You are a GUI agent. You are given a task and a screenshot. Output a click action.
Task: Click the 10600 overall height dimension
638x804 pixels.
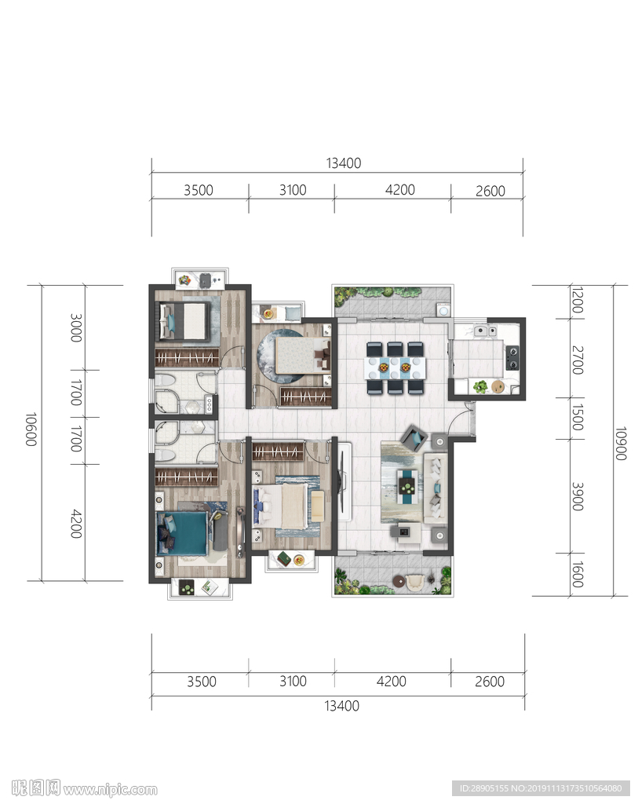coord(31,429)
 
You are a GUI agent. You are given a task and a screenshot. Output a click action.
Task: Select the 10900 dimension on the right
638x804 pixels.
coord(621,443)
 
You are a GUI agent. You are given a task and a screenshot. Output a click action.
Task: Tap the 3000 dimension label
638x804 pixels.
coord(76,327)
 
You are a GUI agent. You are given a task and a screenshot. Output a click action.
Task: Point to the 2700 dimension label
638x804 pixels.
coord(578,360)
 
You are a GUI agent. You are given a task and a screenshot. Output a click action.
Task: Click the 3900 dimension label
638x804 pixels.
coord(578,496)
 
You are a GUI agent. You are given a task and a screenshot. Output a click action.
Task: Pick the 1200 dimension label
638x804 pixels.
coord(577,301)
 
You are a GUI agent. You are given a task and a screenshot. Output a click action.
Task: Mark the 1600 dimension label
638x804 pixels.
coord(577,574)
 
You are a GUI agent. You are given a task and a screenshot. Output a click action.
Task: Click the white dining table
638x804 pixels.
coord(395,367)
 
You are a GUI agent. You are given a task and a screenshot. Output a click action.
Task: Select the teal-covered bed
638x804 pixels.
coord(182,534)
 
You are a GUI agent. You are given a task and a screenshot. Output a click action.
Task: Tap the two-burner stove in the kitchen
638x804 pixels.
coord(512,357)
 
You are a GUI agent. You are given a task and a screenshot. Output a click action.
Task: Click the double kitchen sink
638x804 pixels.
coord(484,331)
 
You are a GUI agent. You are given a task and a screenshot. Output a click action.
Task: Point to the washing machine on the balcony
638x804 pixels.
coord(443,310)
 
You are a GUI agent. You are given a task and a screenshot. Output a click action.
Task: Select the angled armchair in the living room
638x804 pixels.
coord(414,438)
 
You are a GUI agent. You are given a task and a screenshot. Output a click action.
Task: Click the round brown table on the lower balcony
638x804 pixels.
coord(399,581)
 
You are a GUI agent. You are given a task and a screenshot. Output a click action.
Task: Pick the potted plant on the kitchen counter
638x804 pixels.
coord(480,386)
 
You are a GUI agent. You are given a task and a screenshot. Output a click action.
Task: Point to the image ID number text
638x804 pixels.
coord(541,788)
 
